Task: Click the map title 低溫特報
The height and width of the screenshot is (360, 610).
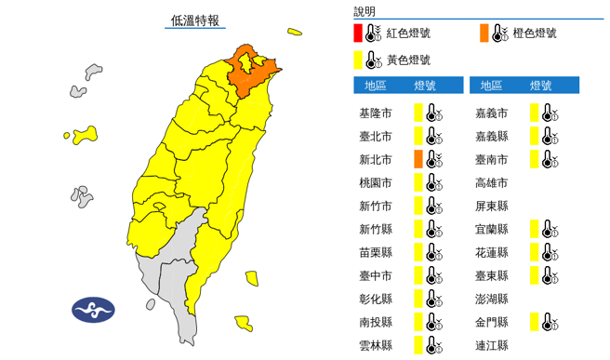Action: (x=195, y=20)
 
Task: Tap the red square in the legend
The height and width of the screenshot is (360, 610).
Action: (x=358, y=34)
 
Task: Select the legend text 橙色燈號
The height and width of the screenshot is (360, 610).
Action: (x=535, y=33)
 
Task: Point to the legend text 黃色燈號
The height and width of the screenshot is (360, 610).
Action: (x=409, y=60)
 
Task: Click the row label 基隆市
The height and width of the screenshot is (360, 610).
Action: (x=375, y=113)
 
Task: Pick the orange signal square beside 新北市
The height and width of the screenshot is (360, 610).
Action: (x=418, y=159)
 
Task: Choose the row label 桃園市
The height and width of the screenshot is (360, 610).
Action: (x=375, y=183)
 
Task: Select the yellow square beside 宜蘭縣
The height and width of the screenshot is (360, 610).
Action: (x=535, y=229)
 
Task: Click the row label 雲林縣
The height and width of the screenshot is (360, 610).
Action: (x=375, y=345)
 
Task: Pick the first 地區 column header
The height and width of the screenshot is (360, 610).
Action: (x=376, y=86)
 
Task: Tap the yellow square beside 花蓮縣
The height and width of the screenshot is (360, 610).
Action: (x=535, y=252)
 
